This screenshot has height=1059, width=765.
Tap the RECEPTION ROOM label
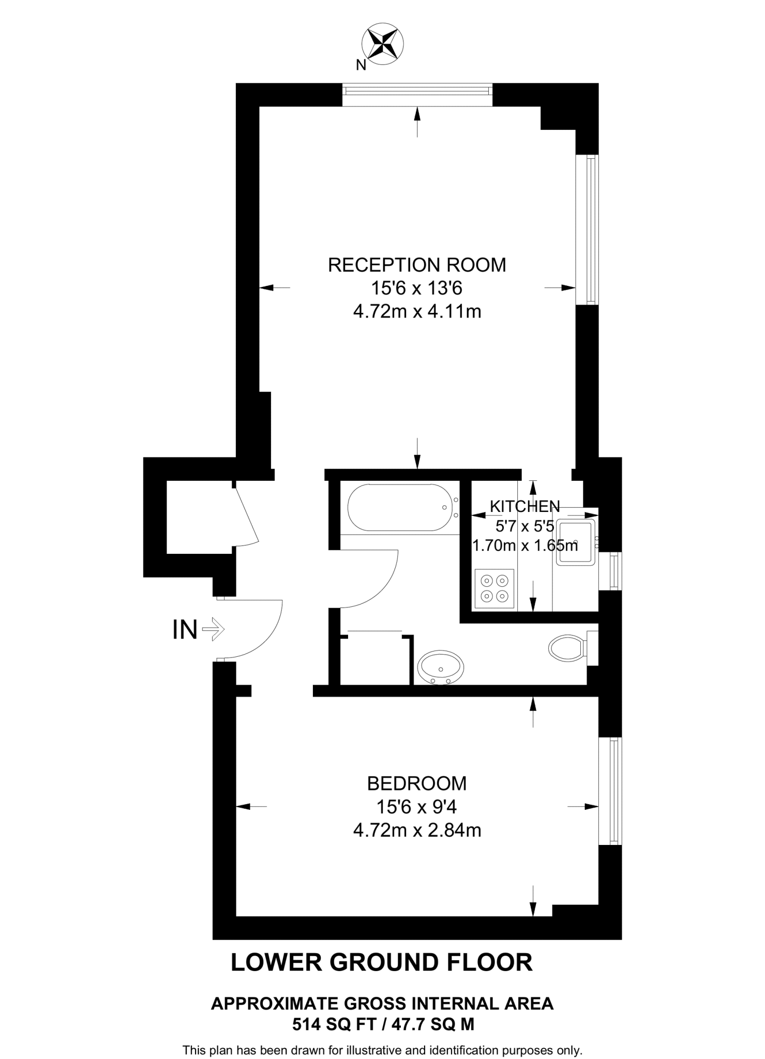coord(417,265)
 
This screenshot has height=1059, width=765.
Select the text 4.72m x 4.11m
coord(417,312)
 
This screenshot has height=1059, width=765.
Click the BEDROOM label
coord(417,783)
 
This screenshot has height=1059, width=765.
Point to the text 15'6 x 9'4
coord(417,807)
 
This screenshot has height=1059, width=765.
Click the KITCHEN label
coord(524,506)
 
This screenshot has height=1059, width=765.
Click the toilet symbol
coord(567,647)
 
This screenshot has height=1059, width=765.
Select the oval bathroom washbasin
coord(441,668)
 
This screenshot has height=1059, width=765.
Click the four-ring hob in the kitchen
coord(494,588)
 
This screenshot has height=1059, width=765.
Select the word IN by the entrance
coord(185,630)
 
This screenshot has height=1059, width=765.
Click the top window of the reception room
coord(417,91)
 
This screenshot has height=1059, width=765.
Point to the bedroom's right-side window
coord(613,791)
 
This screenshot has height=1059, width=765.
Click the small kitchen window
coord(614,571)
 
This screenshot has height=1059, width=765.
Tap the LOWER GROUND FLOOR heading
coord(381,962)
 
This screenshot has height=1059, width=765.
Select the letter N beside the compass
coord(361,65)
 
